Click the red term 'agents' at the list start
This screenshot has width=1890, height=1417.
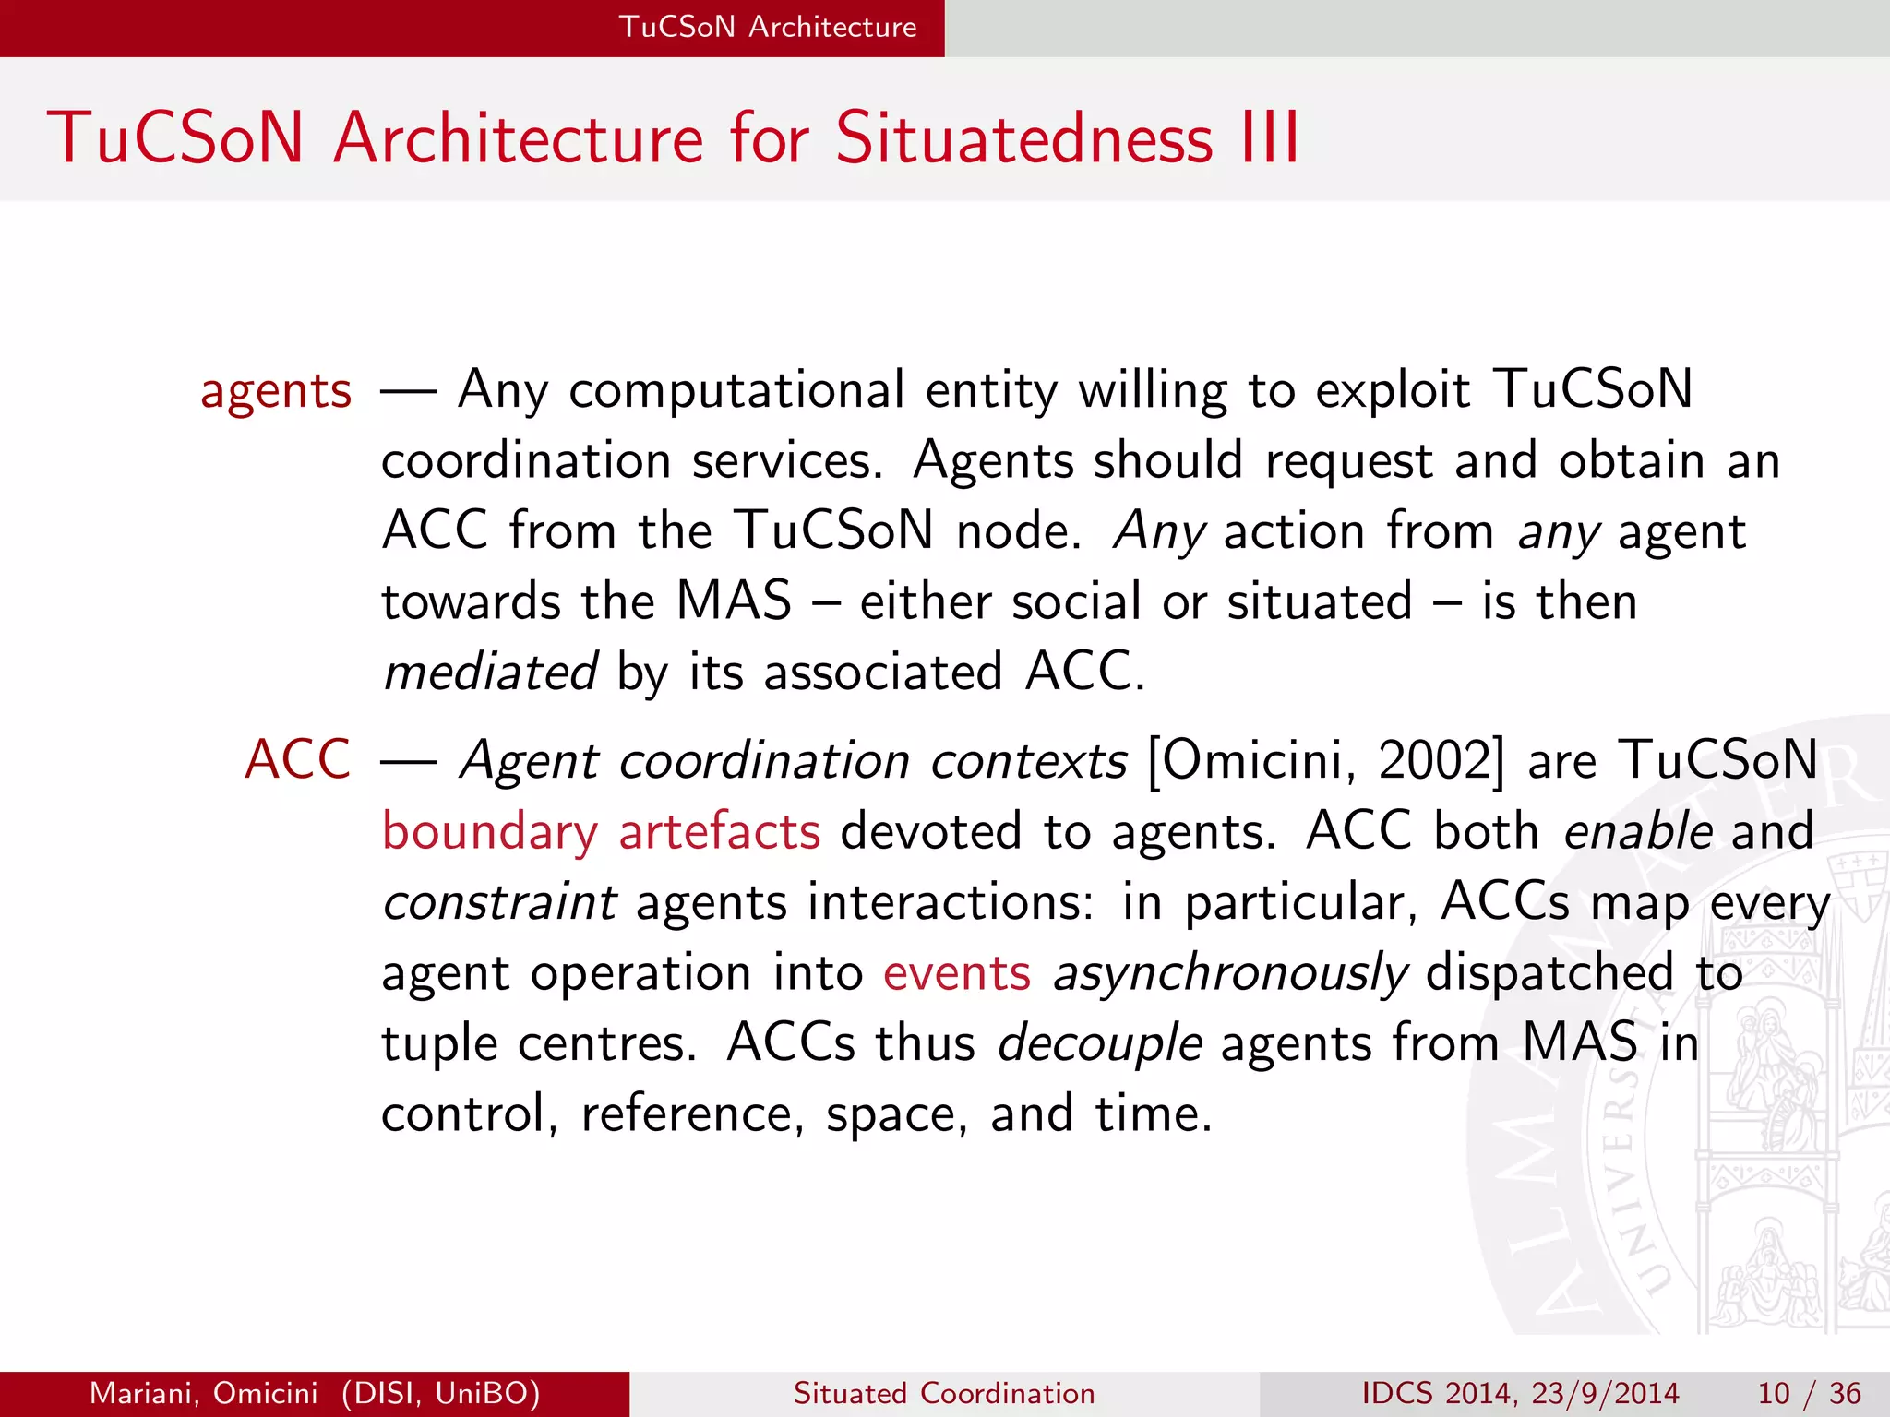point(276,391)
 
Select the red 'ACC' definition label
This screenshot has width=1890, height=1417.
point(297,760)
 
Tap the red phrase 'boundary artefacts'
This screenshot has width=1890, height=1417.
point(601,831)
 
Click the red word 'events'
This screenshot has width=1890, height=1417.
point(956,973)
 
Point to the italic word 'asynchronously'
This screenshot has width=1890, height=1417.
point(1230,974)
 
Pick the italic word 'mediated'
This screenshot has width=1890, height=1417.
point(490,672)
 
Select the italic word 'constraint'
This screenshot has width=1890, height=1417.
point(499,902)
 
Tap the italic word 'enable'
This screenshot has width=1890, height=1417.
point(1638,831)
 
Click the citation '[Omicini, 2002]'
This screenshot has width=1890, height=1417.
point(1325,761)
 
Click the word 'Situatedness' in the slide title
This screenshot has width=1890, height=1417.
point(1024,138)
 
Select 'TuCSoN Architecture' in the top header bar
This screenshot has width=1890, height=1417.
point(768,27)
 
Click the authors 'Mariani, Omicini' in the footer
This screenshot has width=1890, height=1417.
point(203,1393)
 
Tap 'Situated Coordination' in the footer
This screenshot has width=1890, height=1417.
point(944,1393)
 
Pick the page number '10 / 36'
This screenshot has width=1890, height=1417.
point(1809,1393)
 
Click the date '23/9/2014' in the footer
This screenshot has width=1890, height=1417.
point(1605,1393)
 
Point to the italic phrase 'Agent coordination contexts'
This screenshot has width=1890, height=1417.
point(794,761)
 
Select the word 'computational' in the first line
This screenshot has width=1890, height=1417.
point(736,390)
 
